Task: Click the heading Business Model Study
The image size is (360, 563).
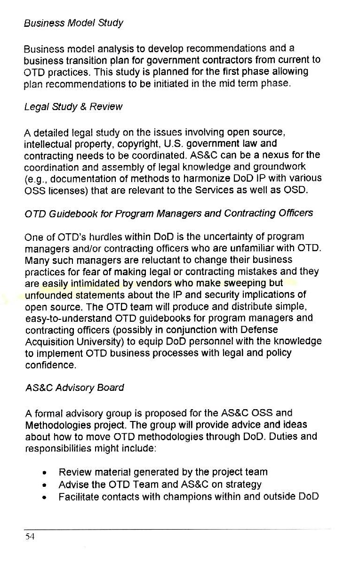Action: (73, 23)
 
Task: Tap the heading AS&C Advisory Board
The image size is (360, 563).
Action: (74, 388)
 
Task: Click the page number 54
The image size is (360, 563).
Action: (29, 537)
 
